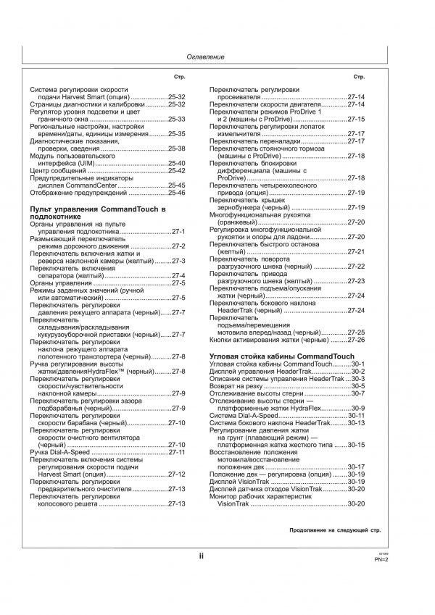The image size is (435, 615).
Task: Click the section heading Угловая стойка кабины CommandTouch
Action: [x=281, y=357]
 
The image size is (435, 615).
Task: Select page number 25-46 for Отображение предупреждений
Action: [x=177, y=193]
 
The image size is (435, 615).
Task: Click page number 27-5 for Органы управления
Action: [x=178, y=283]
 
